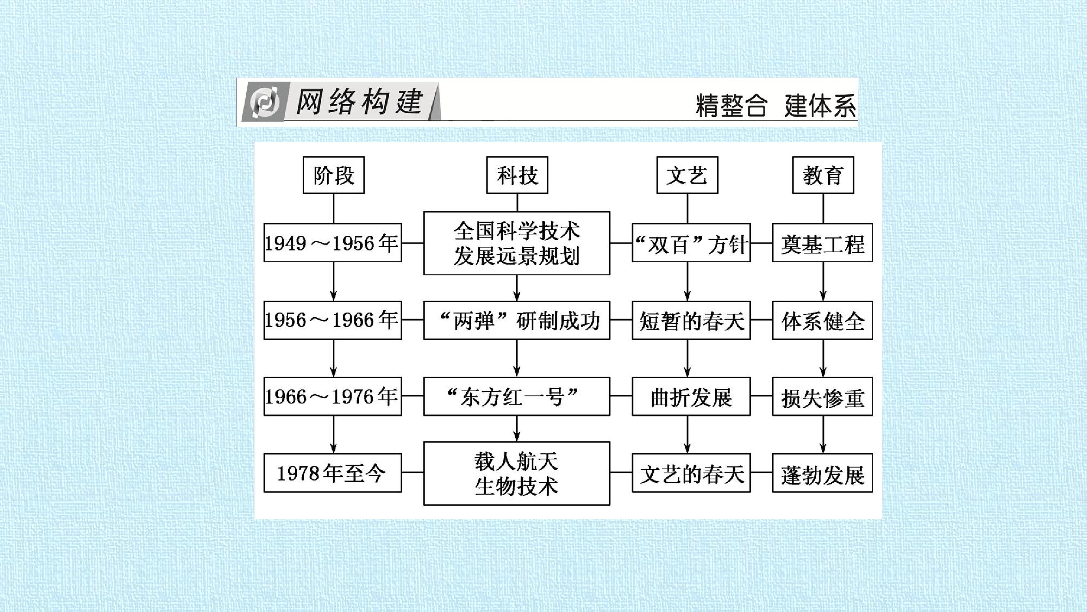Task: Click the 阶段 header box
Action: pyautogui.click(x=333, y=175)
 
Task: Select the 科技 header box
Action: pyautogui.click(x=517, y=175)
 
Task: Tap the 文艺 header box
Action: pyautogui.click(x=687, y=175)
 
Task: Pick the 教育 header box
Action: pyautogui.click(x=823, y=175)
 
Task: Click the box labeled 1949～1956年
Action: pyautogui.click(x=333, y=243)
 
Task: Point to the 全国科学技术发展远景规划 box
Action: pyautogui.click(x=517, y=243)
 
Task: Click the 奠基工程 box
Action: pyautogui.click(x=822, y=243)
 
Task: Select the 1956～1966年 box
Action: pyautogui.click(x=333, y=320)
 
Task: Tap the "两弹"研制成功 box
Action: pyautogui.click(x=517, y=320)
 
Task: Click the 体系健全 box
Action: pyautogui.click(x=822, y=320)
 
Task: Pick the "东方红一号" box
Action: pyautogui.click(x=517, y=396)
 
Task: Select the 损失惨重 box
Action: pyautogui.click(x=822, y=396)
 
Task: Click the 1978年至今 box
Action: pyautogui.click(x=333, y=473)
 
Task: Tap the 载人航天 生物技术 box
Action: pyautogui.click(x=517, y=473)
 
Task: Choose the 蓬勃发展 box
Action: pyautogui.click(x=822, y=473)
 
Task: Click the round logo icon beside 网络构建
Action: pyautogui.click(x=265, y=102)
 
